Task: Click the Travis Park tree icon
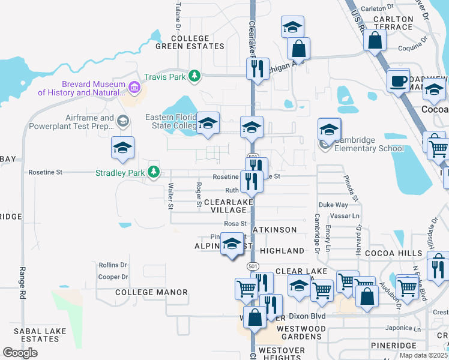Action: [194, 76]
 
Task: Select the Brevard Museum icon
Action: [134, 89]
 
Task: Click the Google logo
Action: [20, 353]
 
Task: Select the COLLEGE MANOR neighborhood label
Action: [151, 292]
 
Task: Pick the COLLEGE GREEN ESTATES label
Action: [190, 42]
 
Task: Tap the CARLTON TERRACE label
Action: [393, 23]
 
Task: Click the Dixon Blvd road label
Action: [307, 316]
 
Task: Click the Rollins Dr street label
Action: [113, 265]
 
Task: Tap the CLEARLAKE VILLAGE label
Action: [225, 207]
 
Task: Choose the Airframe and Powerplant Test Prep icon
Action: [123, 121]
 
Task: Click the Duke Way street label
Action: [333, 205]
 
